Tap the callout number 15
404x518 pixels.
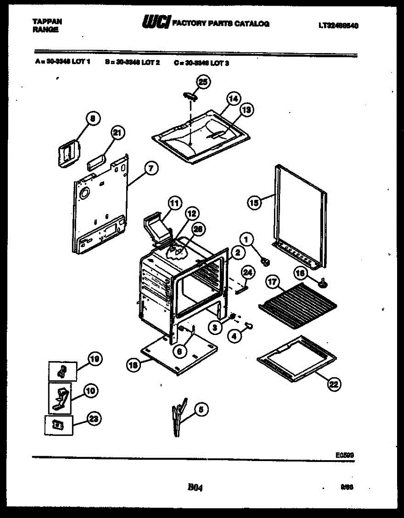pyautogui.click(x=255, y=202)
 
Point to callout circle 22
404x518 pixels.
pyautogui.click(x=334, y=384)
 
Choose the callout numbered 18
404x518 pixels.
pyautogui.click(x=134, y=365)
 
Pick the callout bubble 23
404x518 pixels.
pyautogui.click(x=92, y=418)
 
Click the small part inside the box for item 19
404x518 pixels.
pyautogui.click(x=62, y=371)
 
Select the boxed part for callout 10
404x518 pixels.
pyautogui.click(x=60, y=398)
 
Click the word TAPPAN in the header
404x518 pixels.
pyautogui.click(x=47, y=21)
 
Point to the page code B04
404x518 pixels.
pyautogui.click(x=195, y=487)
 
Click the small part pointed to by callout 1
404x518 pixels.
pyautogui.click(x=266, y=261)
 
